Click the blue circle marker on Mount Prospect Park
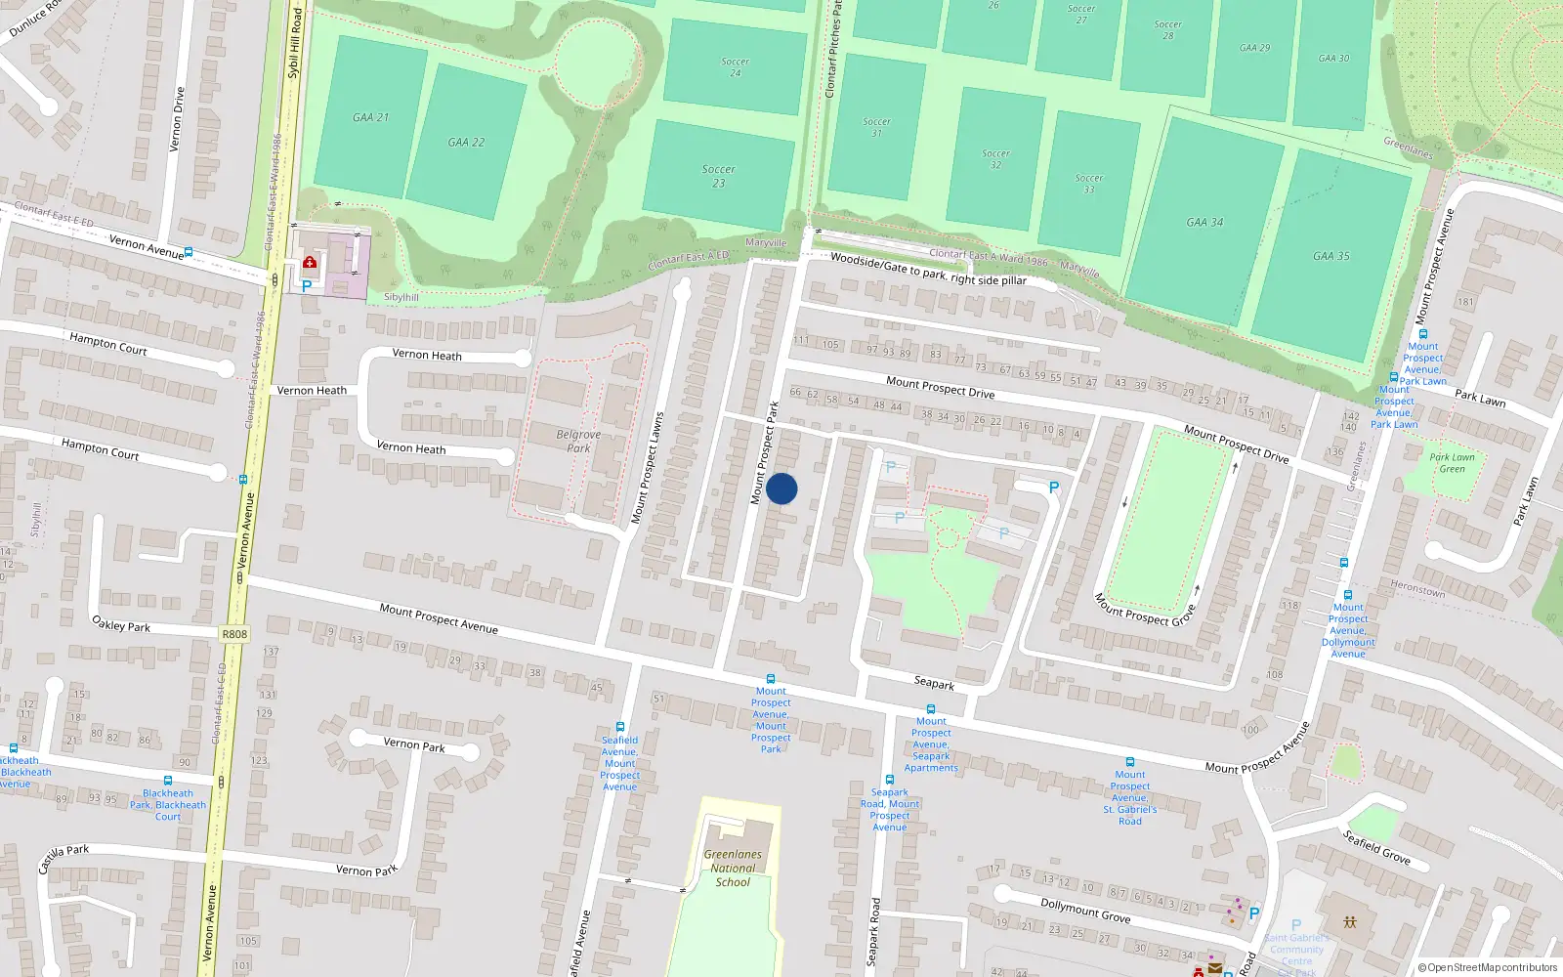click(781, 488)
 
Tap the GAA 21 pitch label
click(370, 117)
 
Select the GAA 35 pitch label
click(1331, 256)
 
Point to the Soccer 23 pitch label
click(718, 176)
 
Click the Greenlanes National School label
click(733, 868)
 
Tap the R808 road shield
click(234, 634)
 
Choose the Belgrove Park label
click(578, 441)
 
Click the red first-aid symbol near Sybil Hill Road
click(310, 262)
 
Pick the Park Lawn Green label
click(1452, 463)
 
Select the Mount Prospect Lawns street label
click(647, 468)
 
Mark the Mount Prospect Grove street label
click(1144, 609)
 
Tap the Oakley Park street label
click(121, 623)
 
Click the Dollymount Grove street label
click(1085, 911)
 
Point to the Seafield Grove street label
click(1376, 847)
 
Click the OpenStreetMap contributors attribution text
click(1487, 967)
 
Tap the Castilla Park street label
click(63, 859)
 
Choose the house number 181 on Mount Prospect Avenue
click(1465, 302)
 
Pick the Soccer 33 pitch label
click(1089, 184)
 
